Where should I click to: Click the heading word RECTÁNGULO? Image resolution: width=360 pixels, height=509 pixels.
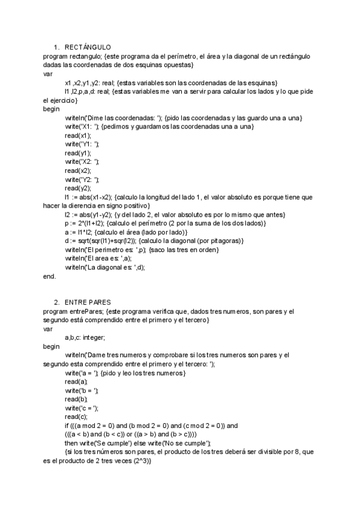pos(87,46)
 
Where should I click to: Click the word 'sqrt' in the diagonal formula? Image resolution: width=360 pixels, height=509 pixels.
pos(85,240)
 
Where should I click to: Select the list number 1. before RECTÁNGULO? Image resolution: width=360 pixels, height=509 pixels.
pos(56,46)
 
